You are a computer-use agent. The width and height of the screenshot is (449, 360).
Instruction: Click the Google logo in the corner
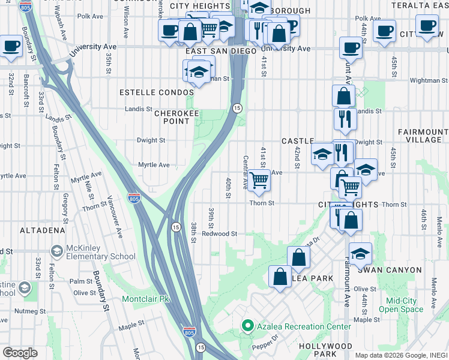pyautogui.click(x=20, y=352)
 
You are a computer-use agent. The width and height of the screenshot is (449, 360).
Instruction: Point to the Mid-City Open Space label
pyautogui.click(x=405, y=305)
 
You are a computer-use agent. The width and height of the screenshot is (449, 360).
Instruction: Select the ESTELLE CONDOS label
pyautogui.click(x=157, y=92)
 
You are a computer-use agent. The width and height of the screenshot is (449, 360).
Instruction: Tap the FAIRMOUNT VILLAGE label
pyautogui.click(x=420, y=136)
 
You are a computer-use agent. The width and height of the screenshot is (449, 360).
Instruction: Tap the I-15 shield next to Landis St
pyautogui.click(x=237, y=107)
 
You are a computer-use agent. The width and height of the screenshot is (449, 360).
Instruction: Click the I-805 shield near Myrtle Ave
pyautogui.click(x=134, y=198)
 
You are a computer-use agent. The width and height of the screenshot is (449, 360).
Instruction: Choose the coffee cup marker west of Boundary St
pyautogui.click(x=11, y=46)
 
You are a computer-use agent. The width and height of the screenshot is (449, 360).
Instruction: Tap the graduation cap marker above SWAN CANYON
pyautogui.click(x=360, y=253)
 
